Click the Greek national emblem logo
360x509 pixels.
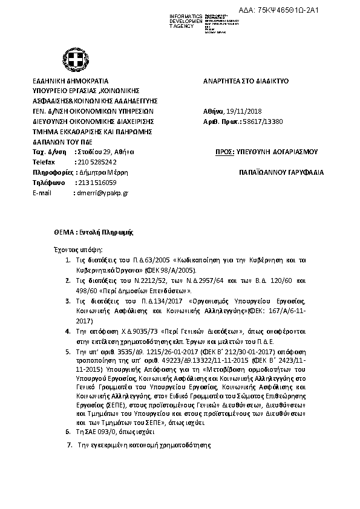pos(77,60)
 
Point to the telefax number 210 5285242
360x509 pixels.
pos(95,162)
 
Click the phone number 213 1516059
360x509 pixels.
pos(96,183)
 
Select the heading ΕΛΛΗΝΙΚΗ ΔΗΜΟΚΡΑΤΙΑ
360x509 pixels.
pos(71,80)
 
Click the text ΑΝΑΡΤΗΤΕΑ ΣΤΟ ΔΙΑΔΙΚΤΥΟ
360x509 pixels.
pos(247,80)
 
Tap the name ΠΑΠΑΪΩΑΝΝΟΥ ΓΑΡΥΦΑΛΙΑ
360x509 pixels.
pos(281,172)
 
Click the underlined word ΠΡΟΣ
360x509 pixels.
pos(224,152)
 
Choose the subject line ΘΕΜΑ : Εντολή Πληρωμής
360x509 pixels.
pos(93,232)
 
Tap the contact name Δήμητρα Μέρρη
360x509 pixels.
pos(100,172)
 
